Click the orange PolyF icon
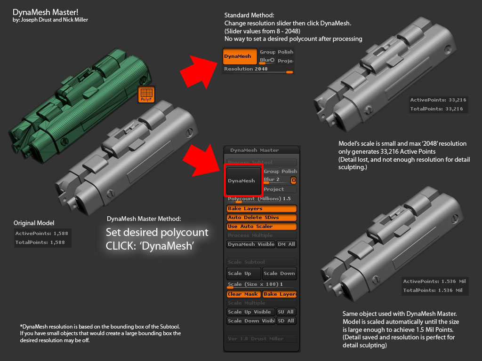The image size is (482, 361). (146, 94)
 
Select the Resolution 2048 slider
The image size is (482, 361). (258, 69)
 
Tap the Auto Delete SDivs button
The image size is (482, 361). (262, 218)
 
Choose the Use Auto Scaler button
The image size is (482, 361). (262, 227)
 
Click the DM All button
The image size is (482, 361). (286, 244)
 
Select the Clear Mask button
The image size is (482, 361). (243, 294)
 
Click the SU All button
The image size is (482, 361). (286, 312)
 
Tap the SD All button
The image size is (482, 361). (286, 321)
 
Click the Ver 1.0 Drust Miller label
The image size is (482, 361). (262, 339)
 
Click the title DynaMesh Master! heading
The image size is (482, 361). (43, 12)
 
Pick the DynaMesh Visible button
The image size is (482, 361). (251, 244)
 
